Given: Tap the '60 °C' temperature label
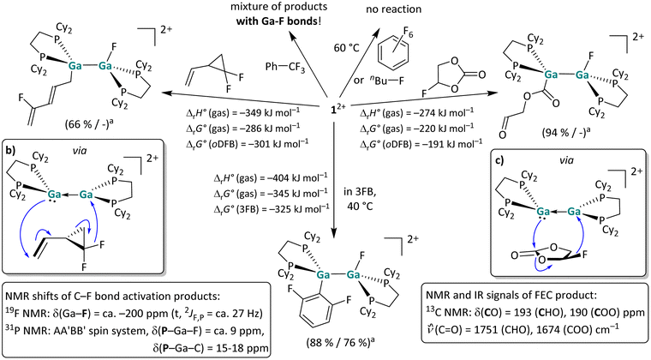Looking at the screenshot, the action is (346, 48).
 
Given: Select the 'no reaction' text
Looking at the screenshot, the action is (393, 9).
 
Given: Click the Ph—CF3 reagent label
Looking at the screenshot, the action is (285, 67).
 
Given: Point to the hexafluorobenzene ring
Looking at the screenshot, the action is (393, 56).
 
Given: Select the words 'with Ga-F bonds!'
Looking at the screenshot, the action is (279, 21).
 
